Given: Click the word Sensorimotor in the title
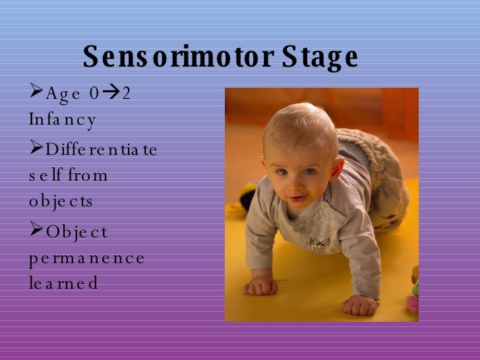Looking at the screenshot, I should coord(178,58).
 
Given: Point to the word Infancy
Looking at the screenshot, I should coord(63,120).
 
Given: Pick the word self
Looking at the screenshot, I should coord(44,176).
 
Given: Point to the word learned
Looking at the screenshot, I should coord(63,284).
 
